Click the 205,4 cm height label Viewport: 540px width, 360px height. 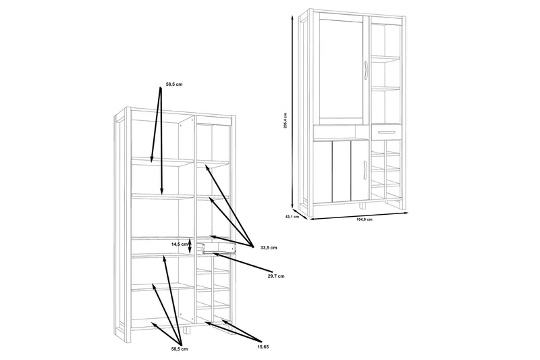285,121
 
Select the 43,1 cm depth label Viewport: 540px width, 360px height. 292,217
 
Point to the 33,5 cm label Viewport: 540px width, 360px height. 269,248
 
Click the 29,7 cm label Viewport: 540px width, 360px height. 276,276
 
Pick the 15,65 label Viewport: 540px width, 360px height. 263,347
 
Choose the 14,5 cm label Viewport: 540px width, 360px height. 179,245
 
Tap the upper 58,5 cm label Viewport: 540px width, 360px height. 174,84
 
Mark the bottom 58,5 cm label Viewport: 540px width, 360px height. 180,349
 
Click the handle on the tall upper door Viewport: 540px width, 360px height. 365,71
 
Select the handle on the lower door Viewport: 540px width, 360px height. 365,170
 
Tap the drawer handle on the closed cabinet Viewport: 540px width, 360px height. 386,132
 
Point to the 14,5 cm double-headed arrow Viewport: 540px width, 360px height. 190,245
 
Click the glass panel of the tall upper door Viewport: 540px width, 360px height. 341,71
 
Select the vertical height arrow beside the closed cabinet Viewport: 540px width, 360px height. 293,112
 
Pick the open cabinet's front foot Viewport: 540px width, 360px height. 188,330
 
